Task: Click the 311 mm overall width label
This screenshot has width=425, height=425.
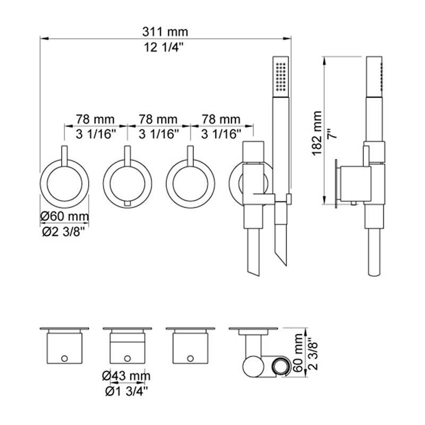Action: pyautogui.click(x=165, y=32)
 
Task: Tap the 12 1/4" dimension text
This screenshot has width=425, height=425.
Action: pyautogui.click(x=164, y=47)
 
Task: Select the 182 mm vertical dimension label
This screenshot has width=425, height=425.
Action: pyautogui.click(x=317, y=133)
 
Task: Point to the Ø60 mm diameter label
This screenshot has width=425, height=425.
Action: pyautogui.click(x=64, y=216)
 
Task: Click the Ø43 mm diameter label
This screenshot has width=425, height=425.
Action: pyautogui.click(x=126, y=376)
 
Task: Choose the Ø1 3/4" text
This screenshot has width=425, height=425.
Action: pyautogui.click(x=127, y=391)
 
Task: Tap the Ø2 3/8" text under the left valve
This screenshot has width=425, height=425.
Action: pyautogui.click(x=64, y=232)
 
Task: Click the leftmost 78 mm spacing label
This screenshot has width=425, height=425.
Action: pyautogui.click(x=95, y=119)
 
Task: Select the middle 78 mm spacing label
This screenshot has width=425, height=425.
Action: pyautogui.click(x=158, y=119)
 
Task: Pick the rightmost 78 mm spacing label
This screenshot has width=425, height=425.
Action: pyautogui.click(x=221, y=119)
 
